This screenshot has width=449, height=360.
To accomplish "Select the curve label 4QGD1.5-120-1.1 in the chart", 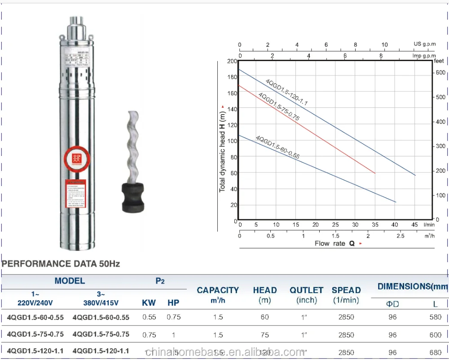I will pos(286,92).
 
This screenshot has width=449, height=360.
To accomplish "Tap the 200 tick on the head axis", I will pos(232,61).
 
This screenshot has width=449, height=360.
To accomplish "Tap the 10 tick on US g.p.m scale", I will pos(384,45).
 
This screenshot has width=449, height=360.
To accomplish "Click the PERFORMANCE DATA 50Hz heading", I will pos(61,264).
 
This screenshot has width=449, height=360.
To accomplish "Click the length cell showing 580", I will pos(435,317).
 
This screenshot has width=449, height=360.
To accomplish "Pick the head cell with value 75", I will pos(264,335).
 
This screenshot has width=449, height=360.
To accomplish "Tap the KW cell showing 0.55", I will pos(149,317).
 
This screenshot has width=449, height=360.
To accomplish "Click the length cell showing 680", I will pos(435,352).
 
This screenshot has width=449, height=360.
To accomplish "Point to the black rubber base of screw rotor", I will pos(133,196).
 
